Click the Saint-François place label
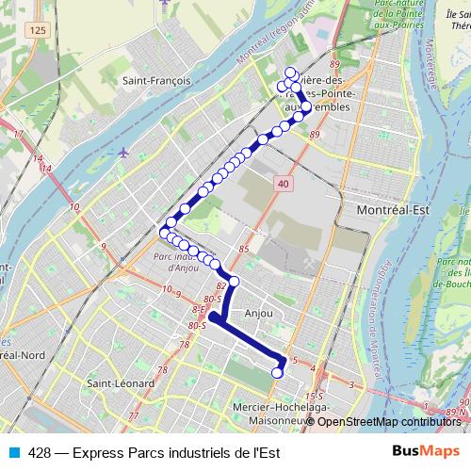[156, 81]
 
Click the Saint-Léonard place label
[114, 383]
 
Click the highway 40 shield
[284, 186]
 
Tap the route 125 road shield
[37, 32]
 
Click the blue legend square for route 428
[13, 451]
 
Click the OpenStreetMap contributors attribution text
[390, 421]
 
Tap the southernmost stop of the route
[277, 373]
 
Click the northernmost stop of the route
[290, 73]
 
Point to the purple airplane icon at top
[167, 3]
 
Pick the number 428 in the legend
[40, 451]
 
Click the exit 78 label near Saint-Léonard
[161, 370]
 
